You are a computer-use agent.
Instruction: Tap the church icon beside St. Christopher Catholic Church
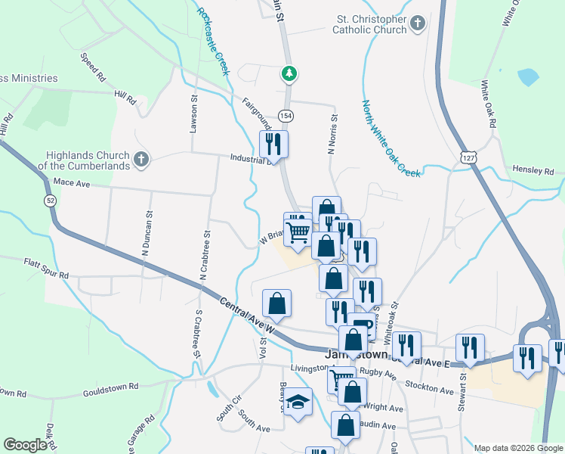click(418, 25)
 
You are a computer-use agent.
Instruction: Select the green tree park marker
click(289, 73)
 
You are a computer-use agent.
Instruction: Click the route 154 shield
click(285, 116)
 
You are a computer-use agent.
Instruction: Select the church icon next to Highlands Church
click(141, 159)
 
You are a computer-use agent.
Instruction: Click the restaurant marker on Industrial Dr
click(273, 145)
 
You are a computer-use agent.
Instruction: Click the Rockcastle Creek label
click(214, 42)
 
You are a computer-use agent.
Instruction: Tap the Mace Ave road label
click(72, 183)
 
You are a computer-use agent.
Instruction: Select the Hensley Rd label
click(538, 172)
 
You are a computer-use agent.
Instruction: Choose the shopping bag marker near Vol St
click(277, 303)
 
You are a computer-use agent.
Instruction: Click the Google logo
click(25, 445)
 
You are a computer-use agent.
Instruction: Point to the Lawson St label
click(193, 113)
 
